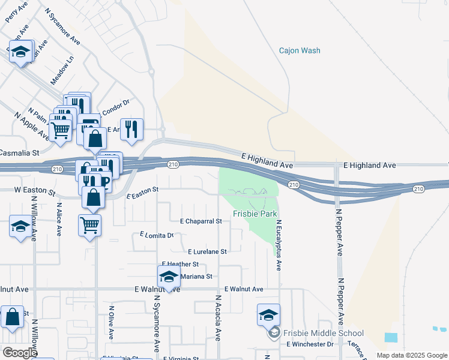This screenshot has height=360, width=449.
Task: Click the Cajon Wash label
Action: coord(300,51)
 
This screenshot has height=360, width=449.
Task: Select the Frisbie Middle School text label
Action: coord(323,333)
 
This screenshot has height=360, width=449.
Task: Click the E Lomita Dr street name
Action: coord(156,235)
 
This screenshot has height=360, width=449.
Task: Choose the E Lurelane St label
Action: coord(207,252)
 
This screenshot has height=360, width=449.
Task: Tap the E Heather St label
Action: coord(180,264)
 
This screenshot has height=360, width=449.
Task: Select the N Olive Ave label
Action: coord(111,323)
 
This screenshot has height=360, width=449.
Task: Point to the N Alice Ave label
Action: coord(59,221)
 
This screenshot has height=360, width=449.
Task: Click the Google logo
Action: coord(20,353)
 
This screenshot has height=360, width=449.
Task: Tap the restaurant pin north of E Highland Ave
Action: coord(132,129)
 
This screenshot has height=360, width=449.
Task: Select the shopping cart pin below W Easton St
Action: coord(89,226)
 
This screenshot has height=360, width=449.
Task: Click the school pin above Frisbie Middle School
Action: coord(268,314)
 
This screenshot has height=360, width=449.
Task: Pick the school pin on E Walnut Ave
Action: coord(169,277)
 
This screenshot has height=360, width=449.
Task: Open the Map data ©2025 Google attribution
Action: coord(411,355)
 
